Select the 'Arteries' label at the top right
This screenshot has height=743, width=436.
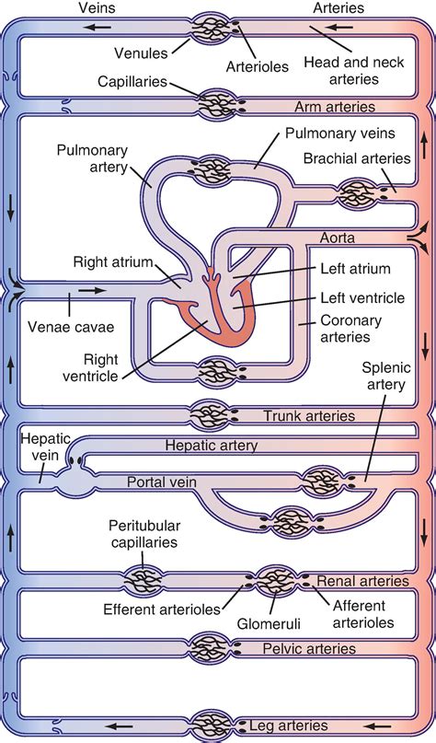click(x=338, y=7)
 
